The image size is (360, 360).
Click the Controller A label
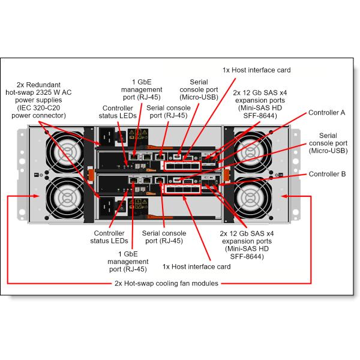(x=326, y=112)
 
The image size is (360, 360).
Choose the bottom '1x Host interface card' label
(x=196, y=266)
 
